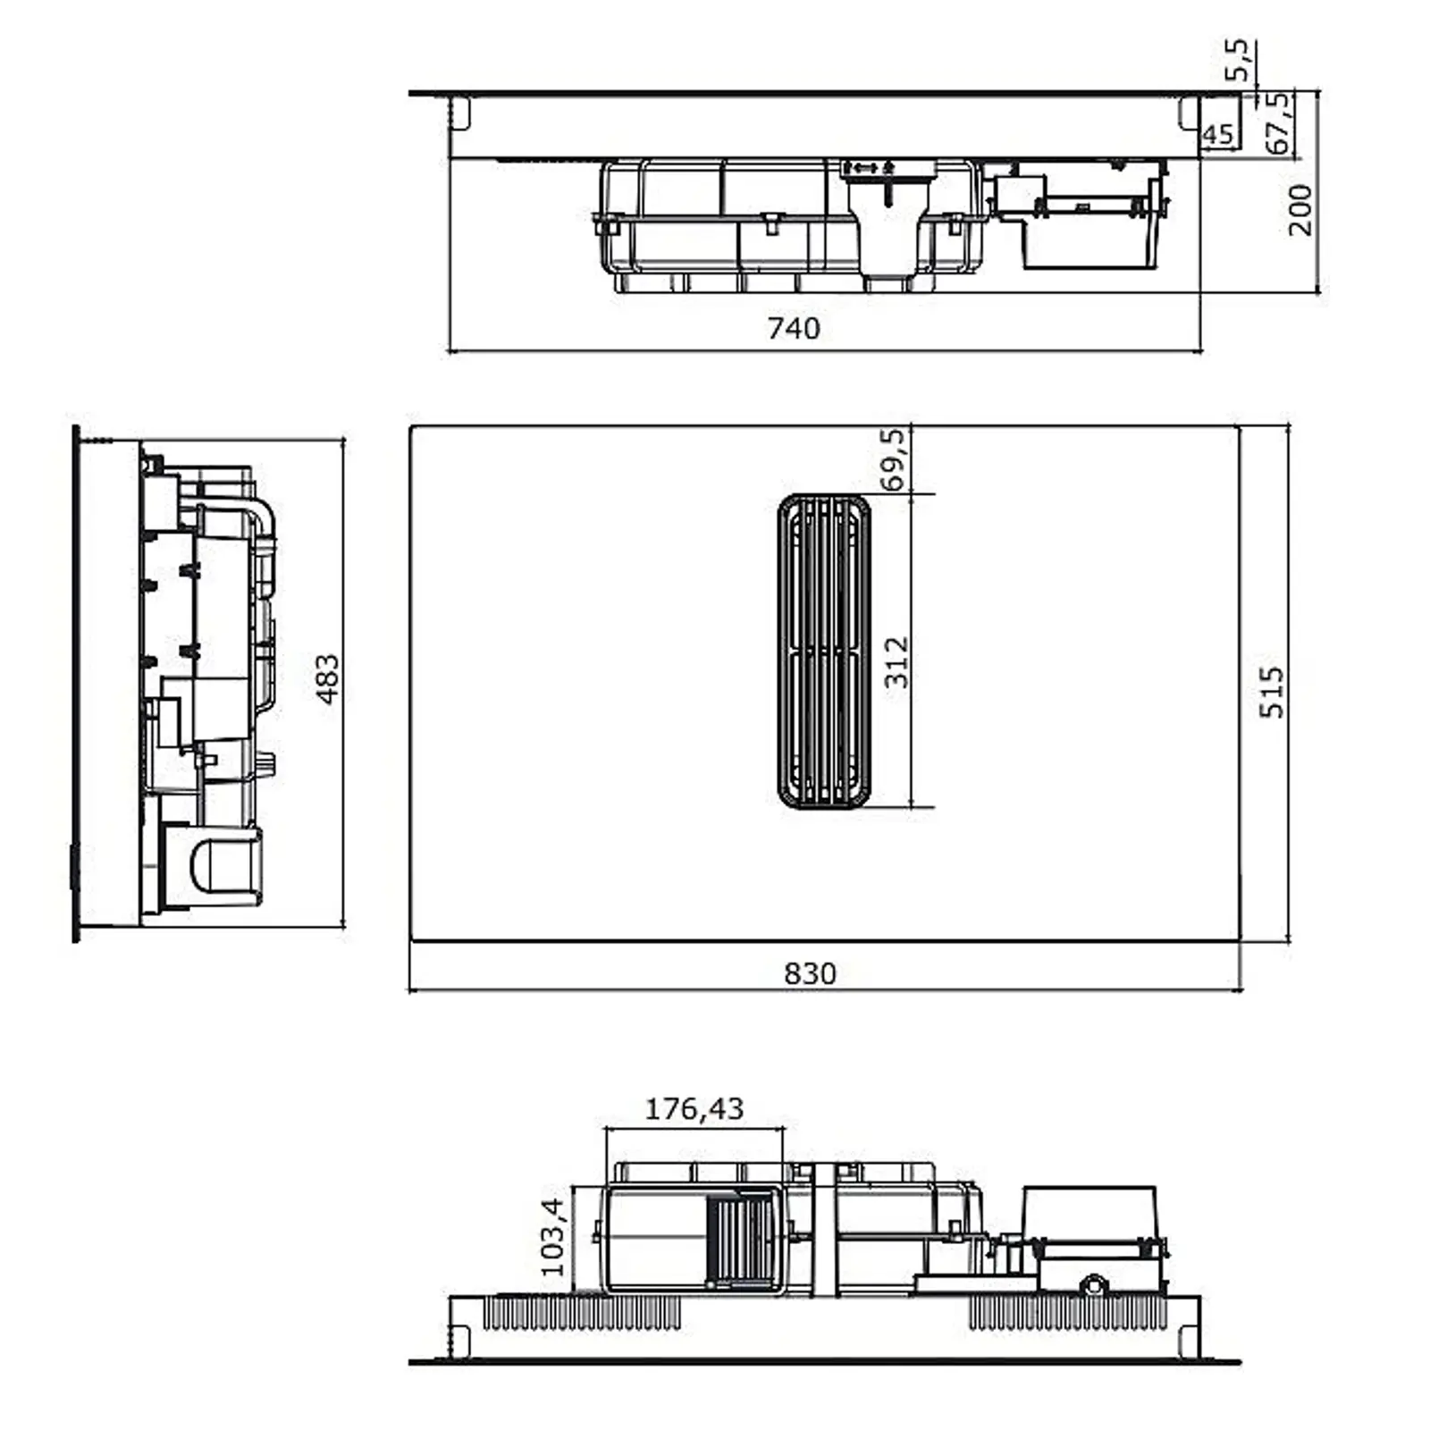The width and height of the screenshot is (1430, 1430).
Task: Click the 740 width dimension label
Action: coord(794,329)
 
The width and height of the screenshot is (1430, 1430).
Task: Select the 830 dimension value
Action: coord(810,972)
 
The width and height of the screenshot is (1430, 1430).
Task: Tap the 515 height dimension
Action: coord(1271,692)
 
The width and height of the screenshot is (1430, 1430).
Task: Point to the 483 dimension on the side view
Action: coord(328,679)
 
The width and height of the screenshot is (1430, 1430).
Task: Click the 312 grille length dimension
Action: coord(896,661)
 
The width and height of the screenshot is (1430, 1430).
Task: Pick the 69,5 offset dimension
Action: coord(893,459)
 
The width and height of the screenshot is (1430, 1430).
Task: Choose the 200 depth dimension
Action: coord(1300,210)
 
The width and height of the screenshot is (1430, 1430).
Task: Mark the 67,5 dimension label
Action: coord(1278,122)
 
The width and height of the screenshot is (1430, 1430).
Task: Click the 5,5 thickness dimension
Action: coord(1239,60)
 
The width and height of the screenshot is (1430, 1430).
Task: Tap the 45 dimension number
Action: coord(1217,135)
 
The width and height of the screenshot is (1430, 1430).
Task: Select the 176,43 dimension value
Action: coord(694,1109)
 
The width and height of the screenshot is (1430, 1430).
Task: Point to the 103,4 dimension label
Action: coord(553,1237)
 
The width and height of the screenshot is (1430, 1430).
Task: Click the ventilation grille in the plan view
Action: coord(823,651)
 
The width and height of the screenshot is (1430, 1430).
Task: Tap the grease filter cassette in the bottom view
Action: coord(741,1237)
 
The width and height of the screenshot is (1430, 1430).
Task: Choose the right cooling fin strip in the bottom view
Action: coord(1067,1313)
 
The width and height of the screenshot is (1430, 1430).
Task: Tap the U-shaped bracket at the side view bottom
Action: coord(219,862)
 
